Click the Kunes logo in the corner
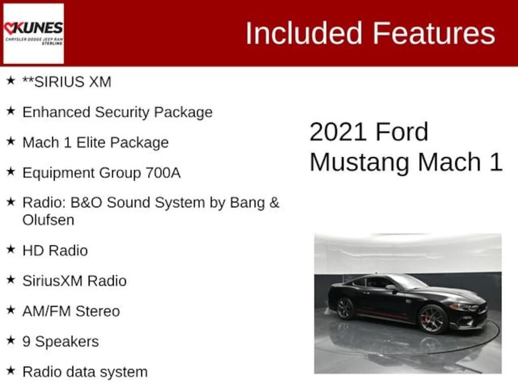(33, 33)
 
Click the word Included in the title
(304, 33)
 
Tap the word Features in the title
(434, 33)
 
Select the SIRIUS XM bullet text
(67, 82)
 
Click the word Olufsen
(48, 220)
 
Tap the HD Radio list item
(55, 251)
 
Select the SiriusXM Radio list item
(75, 281)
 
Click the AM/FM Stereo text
(71, 311)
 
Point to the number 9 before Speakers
(26, 342)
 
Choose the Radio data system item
(85, 372)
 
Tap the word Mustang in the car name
(360, 162)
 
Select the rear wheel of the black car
(346, 309)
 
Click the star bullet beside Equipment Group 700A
(11, 172)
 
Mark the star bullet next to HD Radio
(11, 250)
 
